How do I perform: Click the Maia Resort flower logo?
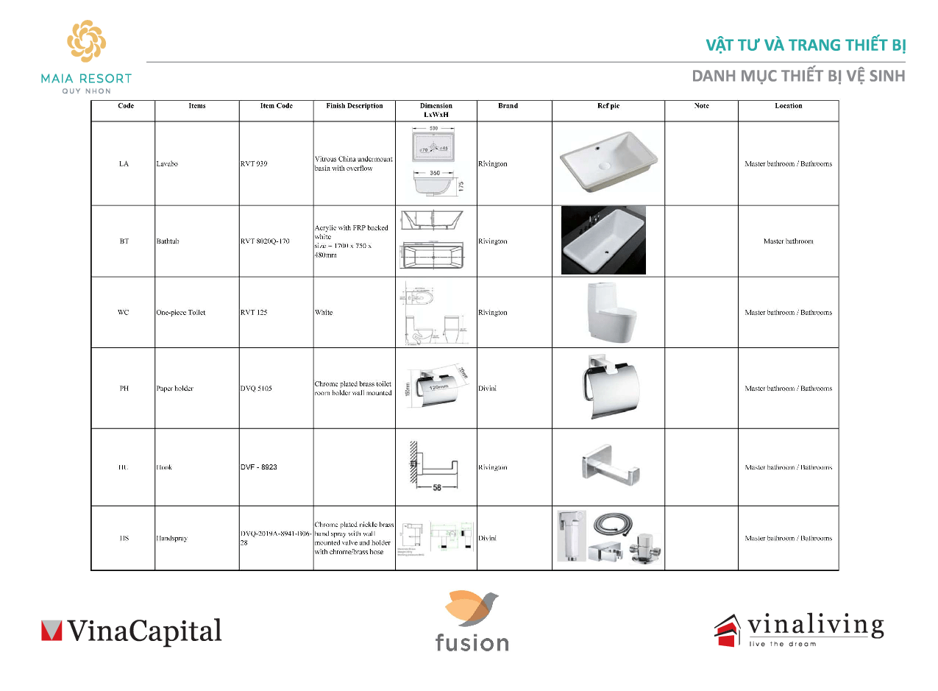tap(86, 43)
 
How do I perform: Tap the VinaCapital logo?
tap(131, 631)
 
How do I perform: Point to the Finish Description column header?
tap(354, 106)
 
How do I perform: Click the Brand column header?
tap(508, 106)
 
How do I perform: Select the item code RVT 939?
tap(254, 163)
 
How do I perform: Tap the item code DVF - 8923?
tap(259, 467)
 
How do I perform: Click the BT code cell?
tap(124, 241)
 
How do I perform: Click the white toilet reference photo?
tap(608, 313)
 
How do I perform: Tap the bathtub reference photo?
tap(603, 241)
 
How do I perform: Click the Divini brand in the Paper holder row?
tap(487, 389)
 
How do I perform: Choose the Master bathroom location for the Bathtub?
tap(788, 241)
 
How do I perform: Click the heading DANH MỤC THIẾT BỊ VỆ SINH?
tap(800, 77)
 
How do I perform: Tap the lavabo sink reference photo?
tap(608, 163)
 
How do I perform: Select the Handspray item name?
tap(171, 539)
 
